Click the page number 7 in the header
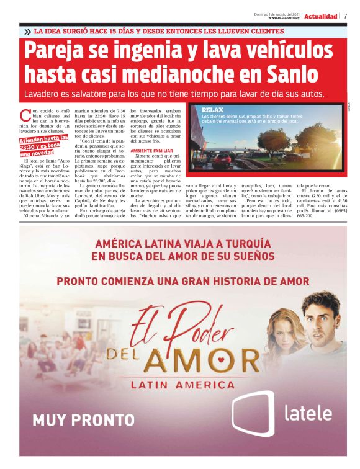pos(345,16)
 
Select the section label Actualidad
pos(321,16)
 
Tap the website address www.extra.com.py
pos(284,17)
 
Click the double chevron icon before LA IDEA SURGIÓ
pos(27,31)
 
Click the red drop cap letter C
pos(25,115)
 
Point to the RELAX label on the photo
pos(212,109)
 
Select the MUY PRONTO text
pos(74,420)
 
